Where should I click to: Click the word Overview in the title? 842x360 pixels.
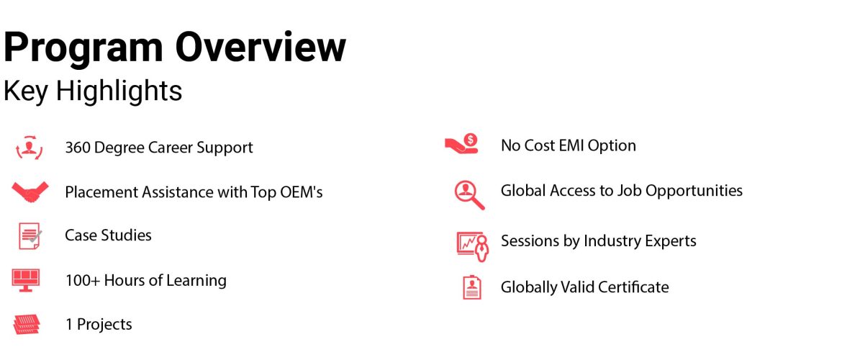pyautogui.click(x=261, y=47)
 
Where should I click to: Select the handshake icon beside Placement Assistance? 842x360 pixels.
pyautogui.click(x=30, y=192)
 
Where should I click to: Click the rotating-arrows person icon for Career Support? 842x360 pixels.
pyautogui.click(x=29, y=147)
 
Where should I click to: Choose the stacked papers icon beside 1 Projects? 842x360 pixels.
pyautogui.click(x=27, y=325)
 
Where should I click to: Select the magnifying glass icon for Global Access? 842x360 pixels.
pyautogui.click(x=469, y=194)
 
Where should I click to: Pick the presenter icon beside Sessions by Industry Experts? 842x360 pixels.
pyautogui.click(x=473, y=246)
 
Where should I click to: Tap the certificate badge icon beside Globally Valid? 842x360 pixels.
pyautogui.click(x=472, y=287)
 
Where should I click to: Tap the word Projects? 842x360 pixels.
pyautogui.click(x=105, y=325)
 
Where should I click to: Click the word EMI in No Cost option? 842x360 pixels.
pyautogui.click(x=570, y=145)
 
